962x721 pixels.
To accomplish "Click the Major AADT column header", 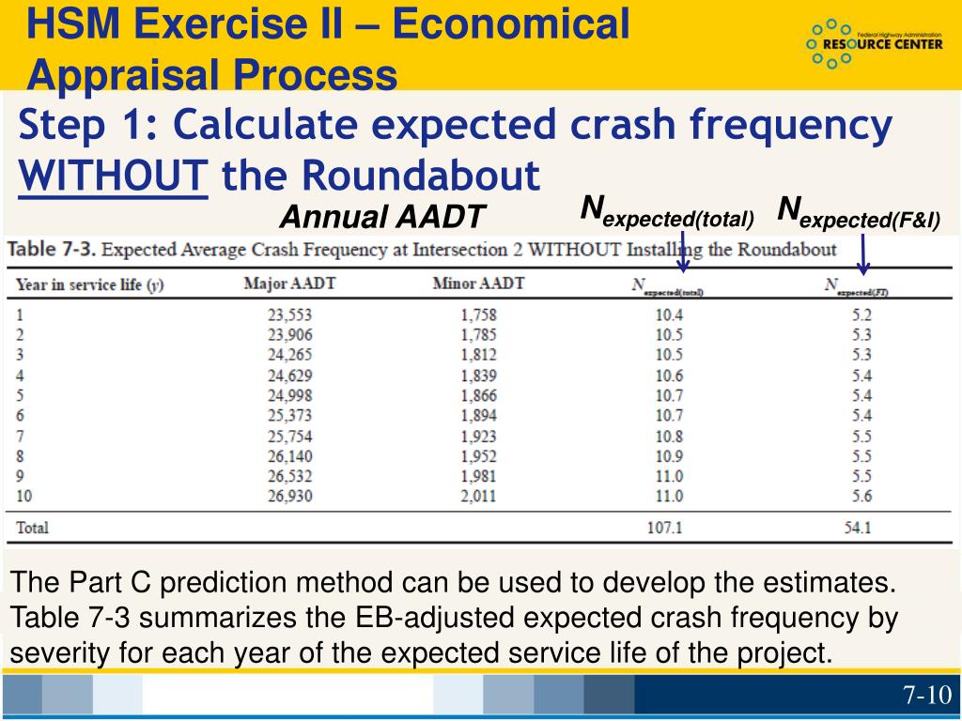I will point(289,284).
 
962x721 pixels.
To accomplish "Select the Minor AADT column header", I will point(479,284).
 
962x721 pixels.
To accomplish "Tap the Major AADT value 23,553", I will point(289,314).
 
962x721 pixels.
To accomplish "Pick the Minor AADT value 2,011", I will point(479,496).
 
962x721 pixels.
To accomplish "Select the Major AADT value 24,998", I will point(289,395).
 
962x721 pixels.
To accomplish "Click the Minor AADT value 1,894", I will point(479,415).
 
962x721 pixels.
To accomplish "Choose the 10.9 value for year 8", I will point(669,455).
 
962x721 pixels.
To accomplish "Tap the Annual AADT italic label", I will point(382,218).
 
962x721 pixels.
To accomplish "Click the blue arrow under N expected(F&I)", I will point(863,254).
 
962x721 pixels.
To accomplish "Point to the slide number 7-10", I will point(927,696).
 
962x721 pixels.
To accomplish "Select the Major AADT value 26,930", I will point(289,496).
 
